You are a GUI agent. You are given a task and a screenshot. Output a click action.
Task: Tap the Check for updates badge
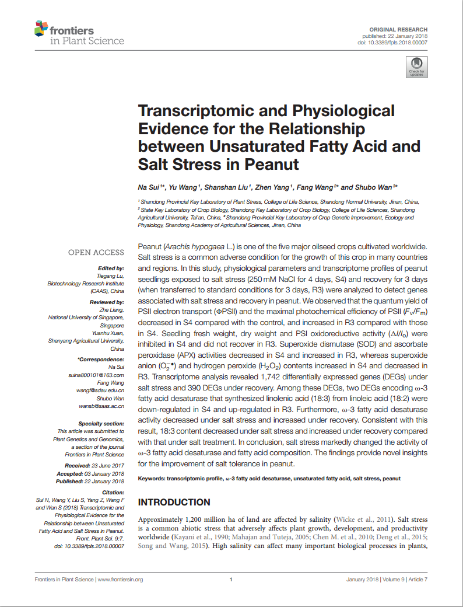coord(416,67)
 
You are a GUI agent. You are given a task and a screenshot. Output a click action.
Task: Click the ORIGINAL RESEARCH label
coord(398,29)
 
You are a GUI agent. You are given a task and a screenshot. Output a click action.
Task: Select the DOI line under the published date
coord(392,43)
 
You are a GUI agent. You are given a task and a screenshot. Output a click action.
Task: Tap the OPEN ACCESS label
coord(96,253)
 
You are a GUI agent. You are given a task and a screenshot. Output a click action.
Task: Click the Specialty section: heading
coord(101,423)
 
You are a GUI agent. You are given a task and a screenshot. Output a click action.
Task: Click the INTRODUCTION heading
coord(174,503)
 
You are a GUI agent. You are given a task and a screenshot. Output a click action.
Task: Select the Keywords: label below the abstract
coord(151,479)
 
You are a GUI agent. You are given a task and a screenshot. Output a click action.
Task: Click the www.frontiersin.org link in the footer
coord(120,580)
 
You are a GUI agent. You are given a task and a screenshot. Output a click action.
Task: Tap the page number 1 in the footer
coord(232,580)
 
